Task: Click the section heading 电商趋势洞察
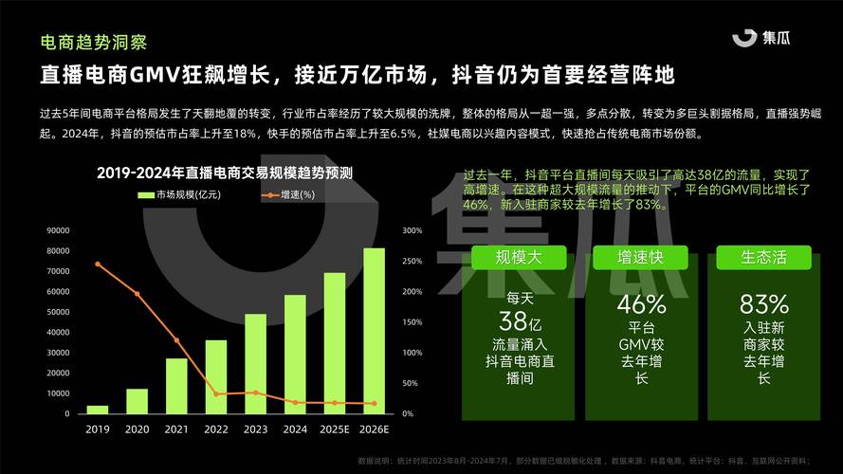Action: (93, 43)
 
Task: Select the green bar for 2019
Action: (98, 410)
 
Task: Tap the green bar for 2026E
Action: (375, 331)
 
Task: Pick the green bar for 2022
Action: (216, 376)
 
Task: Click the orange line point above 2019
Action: (98, 264)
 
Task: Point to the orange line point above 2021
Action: (176, 340)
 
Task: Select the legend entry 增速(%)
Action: (288, 194)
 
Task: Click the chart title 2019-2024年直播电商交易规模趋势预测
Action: (225, 173)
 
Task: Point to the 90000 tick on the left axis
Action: (58, 230)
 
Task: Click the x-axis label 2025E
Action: (335, 429)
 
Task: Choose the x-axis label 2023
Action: (255, 429)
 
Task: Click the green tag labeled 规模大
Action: (519, 257)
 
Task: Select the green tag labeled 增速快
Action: (641, 257)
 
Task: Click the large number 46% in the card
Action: (641, 304)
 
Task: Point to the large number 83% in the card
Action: (763, 304)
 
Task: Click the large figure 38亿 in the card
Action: (519, 320)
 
